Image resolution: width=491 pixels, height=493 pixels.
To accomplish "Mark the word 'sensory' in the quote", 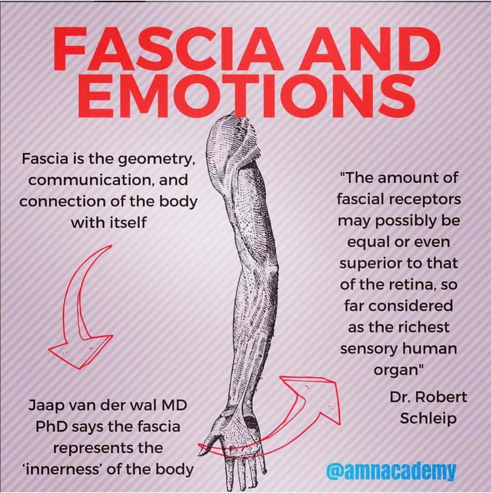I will [370, 349].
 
